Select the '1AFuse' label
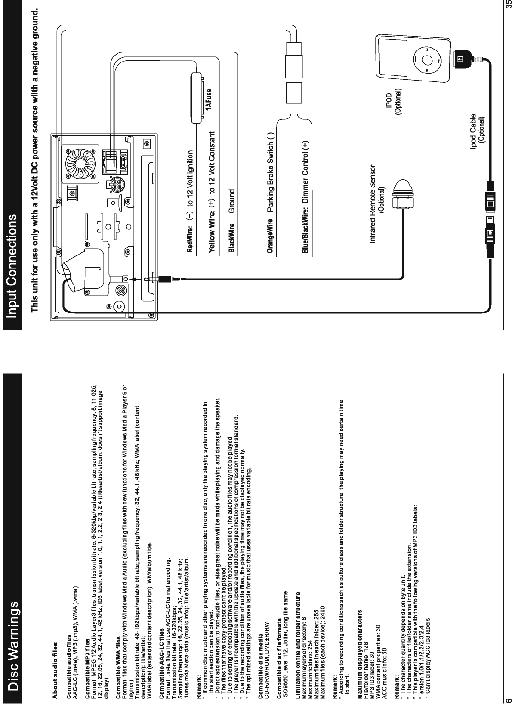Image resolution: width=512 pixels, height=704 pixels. click(x=210, y=99)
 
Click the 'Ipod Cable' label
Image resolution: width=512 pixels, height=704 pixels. click(x=474, y=130)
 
